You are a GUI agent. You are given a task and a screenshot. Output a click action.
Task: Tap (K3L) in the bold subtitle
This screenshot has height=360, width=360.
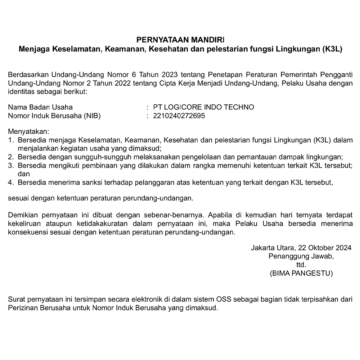[x=331, y=48]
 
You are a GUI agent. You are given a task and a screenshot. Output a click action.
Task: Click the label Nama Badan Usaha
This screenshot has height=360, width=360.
[x=40, y=107]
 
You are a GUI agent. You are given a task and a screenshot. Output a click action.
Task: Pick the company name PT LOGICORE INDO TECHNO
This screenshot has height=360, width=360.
[x=203, y=107]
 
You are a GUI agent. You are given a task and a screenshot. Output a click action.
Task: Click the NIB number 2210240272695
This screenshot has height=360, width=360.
[x=179, y=116]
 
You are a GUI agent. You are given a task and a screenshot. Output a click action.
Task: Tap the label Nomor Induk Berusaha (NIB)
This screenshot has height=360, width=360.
[x=54, y=116]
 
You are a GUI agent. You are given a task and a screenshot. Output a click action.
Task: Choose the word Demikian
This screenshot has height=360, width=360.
[x=22, y=215]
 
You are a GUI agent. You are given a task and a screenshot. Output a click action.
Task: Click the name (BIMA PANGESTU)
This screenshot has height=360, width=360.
[x=301, y=273]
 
